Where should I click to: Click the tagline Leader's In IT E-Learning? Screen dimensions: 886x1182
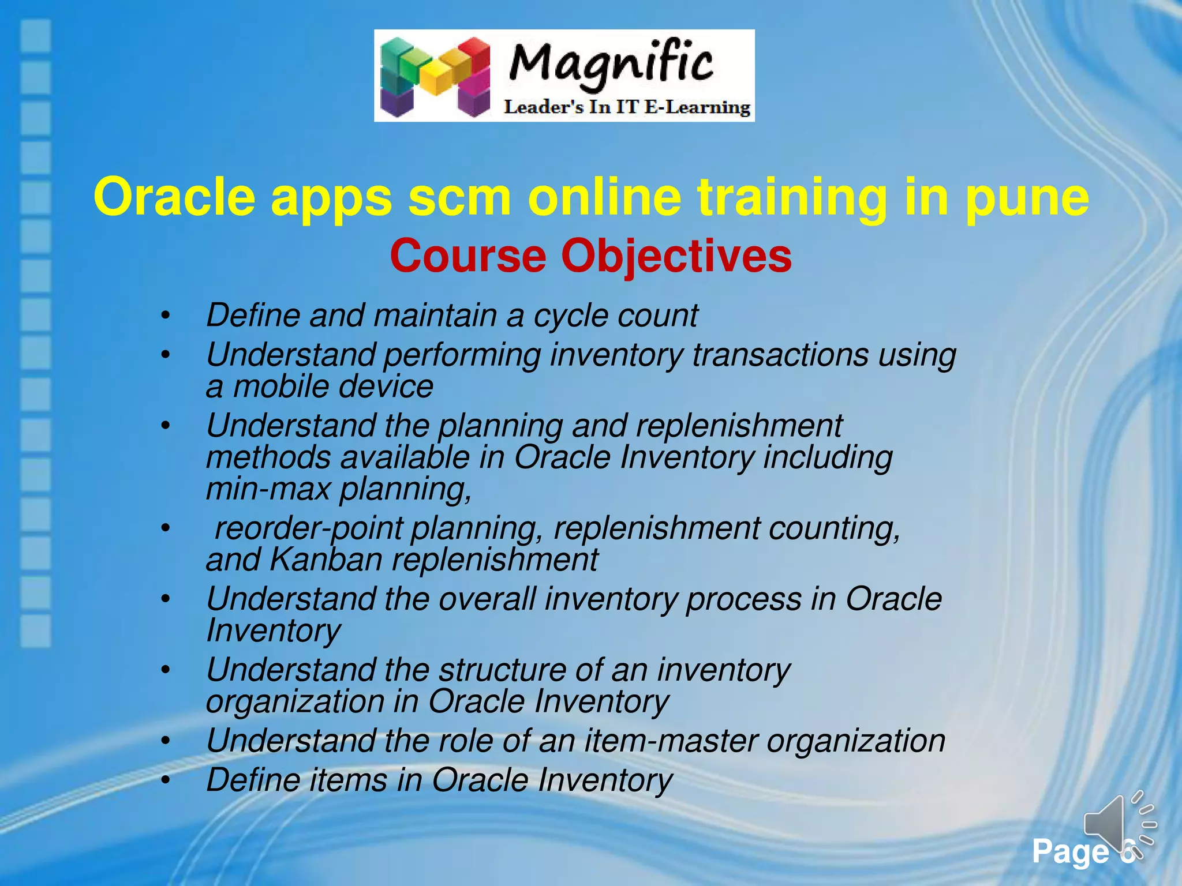627,107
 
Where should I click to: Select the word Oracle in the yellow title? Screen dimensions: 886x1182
174,197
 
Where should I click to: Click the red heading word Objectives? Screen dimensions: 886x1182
676,256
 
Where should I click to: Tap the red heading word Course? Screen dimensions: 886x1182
467,256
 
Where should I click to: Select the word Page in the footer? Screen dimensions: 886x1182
1069,851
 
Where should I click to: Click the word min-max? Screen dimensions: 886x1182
268,489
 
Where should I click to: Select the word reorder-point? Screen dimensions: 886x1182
309,528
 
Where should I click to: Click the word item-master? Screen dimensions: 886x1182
670,741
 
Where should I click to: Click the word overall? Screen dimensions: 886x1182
487,599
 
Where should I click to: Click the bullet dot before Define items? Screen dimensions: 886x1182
166,780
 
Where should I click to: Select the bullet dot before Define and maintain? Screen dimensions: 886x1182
166,316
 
